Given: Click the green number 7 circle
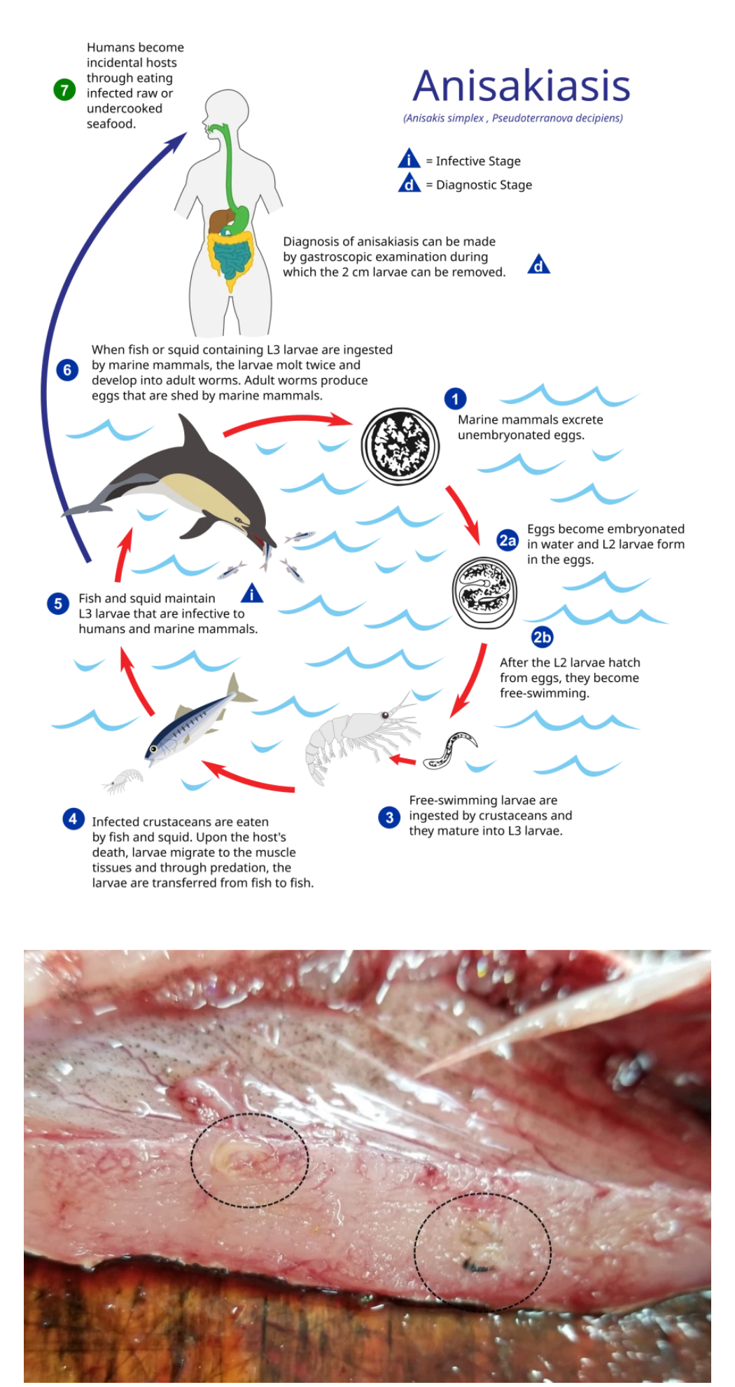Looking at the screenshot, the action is [x=64, y=90].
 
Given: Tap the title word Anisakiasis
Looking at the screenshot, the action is [x=521, y=86].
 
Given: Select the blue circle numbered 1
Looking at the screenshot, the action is [x=455, y=399].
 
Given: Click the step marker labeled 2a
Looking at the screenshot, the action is [x=507, y=541].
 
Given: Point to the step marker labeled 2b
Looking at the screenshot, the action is [x=542, y=637].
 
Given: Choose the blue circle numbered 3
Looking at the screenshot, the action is [x=389, y=817].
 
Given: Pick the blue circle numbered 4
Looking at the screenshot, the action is [x=73, y=818].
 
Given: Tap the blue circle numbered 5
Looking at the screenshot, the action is [x=58, y=604].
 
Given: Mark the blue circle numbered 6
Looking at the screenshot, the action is [x=67, y=370].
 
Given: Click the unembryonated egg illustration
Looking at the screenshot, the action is [x=400, y=446].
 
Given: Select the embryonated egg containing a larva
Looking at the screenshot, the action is [x=484, y=592].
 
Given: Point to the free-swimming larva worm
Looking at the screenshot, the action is [x=449, y=751].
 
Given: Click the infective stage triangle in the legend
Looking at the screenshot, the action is [x=409, y=159].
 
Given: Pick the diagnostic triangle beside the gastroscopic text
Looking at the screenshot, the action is [x=538, y=265].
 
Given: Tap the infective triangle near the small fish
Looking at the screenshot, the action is [x=252, y=594].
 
